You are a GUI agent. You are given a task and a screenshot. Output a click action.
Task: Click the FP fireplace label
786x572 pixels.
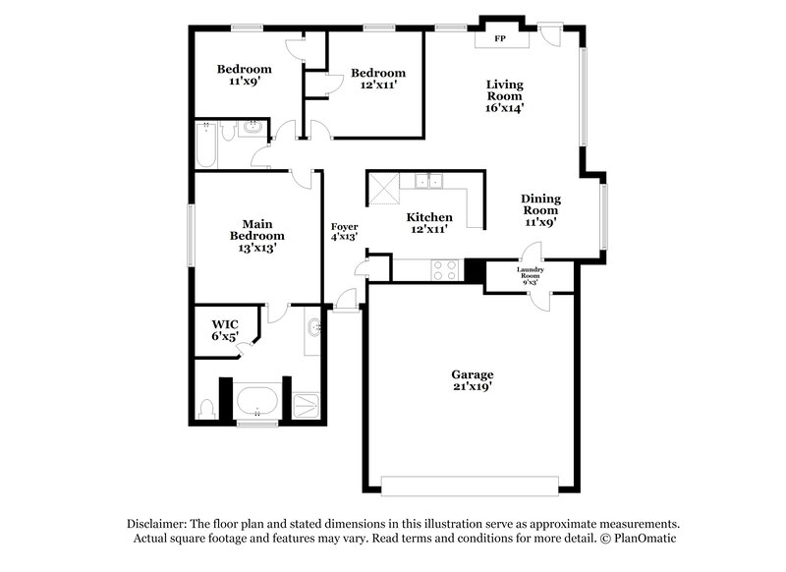pyautogui.click(x=500, y=39)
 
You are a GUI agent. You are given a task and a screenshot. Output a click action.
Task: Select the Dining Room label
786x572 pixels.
pyautogui.click(x=539, y=209)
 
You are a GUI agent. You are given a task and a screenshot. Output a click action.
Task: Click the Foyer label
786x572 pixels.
pyautogui.click(x=344, y=231)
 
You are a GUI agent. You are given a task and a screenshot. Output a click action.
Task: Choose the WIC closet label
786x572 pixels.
pyautogui.click(x=226, y=329)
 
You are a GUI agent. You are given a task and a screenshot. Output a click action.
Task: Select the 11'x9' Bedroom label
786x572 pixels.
pyautogui.click(x=244, y=76)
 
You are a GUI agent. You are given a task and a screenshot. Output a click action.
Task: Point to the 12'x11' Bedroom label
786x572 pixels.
pyautogui.click(x=377, y=79)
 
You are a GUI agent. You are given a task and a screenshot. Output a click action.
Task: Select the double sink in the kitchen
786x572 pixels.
pyautogui.click(x=427, y=181)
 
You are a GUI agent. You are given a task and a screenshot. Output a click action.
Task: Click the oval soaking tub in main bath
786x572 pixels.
pyautogui.click(x=258, y=401)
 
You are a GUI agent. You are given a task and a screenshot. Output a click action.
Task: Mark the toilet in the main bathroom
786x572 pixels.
pyautogui.click(x=205, y=407)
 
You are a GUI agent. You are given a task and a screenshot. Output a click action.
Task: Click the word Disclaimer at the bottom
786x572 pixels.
pyautogui.click(x=159, y=524)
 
